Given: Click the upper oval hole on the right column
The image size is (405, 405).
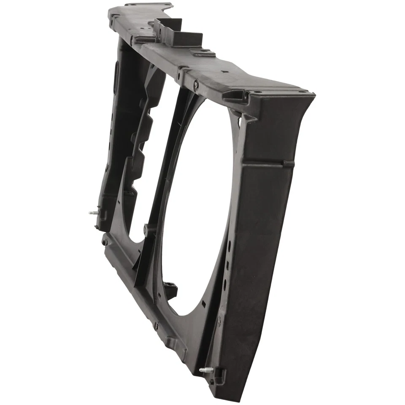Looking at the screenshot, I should point(229,246).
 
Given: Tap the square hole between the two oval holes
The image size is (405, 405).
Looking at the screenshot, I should point(227,265).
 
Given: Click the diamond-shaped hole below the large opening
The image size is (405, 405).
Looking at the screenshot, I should point(204,304).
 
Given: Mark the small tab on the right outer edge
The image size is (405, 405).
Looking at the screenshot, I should point(289,164).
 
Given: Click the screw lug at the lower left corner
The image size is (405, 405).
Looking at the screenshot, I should point(105,243).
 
